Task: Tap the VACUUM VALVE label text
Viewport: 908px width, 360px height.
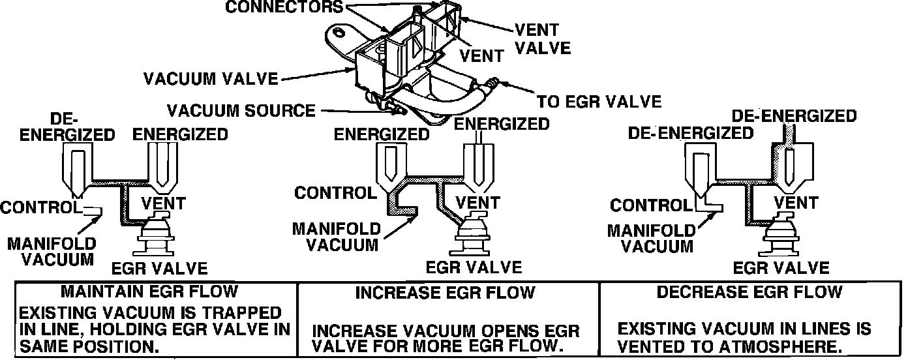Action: coord(211,79)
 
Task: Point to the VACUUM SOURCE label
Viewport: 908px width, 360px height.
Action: coord(241,110)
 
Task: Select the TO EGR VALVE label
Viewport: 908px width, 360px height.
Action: coord(598,102)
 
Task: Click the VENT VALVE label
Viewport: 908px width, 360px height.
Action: coord(542,39)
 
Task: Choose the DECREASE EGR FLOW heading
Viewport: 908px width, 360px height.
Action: coord(749,292)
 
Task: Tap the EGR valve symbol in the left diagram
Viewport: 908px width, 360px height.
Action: coord(155,236)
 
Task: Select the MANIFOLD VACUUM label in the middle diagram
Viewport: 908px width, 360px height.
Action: coord(336,237)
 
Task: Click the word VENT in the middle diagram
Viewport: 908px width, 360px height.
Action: coord(477,202)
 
